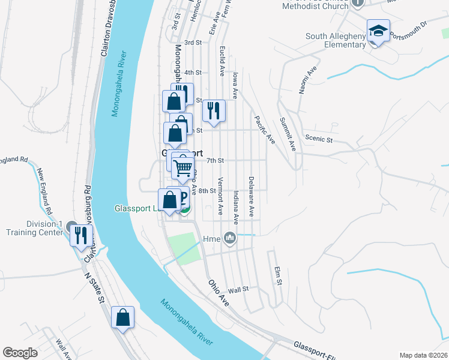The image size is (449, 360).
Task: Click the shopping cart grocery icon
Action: click(x=183, y=167)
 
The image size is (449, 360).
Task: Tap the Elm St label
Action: click(x=277, y=277)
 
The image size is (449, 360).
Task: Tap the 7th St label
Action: click(x=215, y=161)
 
